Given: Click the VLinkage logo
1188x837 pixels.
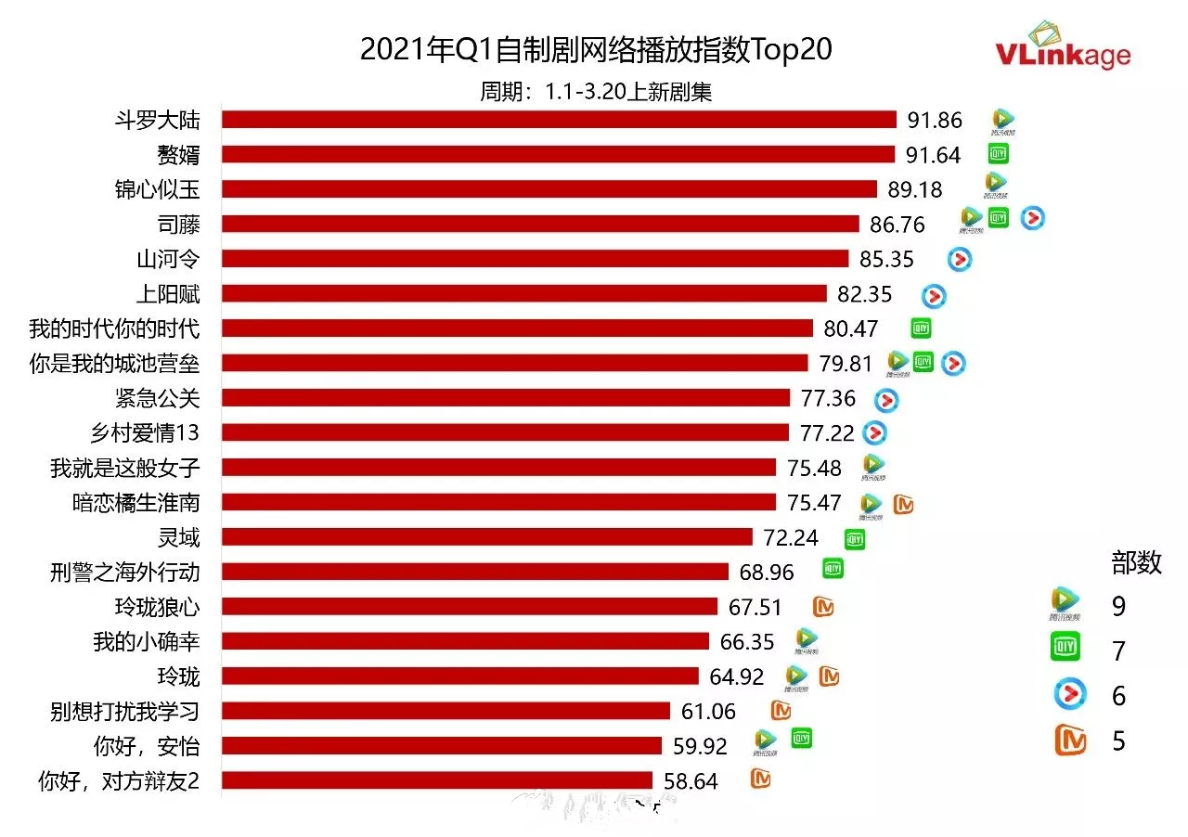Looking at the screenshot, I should [1063, 45].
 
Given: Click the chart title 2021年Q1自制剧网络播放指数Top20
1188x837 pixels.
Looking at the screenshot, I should [596, 50].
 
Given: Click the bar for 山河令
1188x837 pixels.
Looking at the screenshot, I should [535, 259].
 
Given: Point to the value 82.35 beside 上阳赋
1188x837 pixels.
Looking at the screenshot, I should [864, 294].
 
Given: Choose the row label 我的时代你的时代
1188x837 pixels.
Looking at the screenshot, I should [114, 328].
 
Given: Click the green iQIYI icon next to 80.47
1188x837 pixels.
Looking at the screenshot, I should [920, 328].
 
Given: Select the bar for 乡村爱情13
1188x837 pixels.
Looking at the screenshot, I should [505, 433].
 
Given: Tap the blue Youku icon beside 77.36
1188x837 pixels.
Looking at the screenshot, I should [886, 400].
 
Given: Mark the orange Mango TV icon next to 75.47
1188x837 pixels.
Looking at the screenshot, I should [903, 504].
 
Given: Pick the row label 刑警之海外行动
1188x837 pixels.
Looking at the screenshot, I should [124, 573].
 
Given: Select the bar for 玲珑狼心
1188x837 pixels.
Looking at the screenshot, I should [470, 607].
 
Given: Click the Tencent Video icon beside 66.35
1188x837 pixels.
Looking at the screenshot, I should [806, 639].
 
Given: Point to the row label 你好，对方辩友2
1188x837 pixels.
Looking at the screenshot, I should [119, 781].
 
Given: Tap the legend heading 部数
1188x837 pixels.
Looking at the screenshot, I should [1136, 562].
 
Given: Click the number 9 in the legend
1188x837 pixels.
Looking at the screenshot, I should [1118, 607].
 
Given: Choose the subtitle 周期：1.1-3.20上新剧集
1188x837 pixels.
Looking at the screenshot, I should [596, 91].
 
